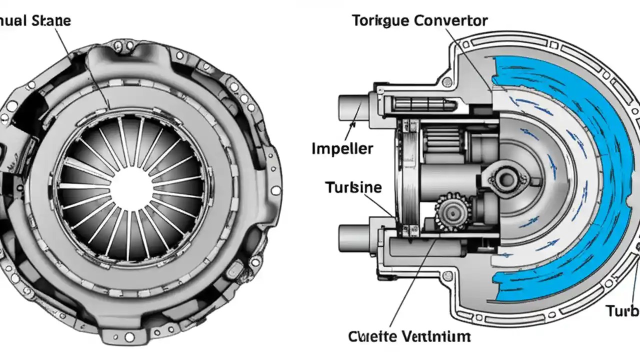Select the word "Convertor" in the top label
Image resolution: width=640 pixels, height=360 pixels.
click(452, 21)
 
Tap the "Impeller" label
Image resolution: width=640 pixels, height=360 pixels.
click(342, 148)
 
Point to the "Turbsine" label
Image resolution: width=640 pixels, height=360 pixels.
click(353, 187)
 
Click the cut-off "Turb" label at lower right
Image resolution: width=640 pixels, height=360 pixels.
click(623, 311)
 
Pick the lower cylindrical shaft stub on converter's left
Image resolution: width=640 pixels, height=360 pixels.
click(353, 236)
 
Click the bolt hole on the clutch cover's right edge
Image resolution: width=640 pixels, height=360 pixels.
click(275, 190)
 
